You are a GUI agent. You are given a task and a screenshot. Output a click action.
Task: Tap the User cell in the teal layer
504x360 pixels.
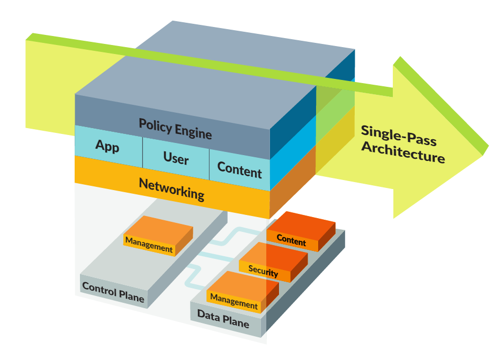pyautogui.click(x=176, y=157)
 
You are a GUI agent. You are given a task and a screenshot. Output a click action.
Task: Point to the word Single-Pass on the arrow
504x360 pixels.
pyautogui.click(x=398, y=135)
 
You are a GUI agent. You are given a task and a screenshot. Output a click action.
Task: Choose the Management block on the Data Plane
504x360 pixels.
pyautogui.click(x=233, y=301)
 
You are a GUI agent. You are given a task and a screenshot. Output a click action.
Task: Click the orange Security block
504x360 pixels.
pyautogui.click(x=263, y=271)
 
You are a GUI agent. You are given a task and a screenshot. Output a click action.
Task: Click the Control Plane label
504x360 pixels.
pyautogui.click(x=113, y=292)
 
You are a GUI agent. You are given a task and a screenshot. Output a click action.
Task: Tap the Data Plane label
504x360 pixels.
pyautogui.click(x=223, y=318)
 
